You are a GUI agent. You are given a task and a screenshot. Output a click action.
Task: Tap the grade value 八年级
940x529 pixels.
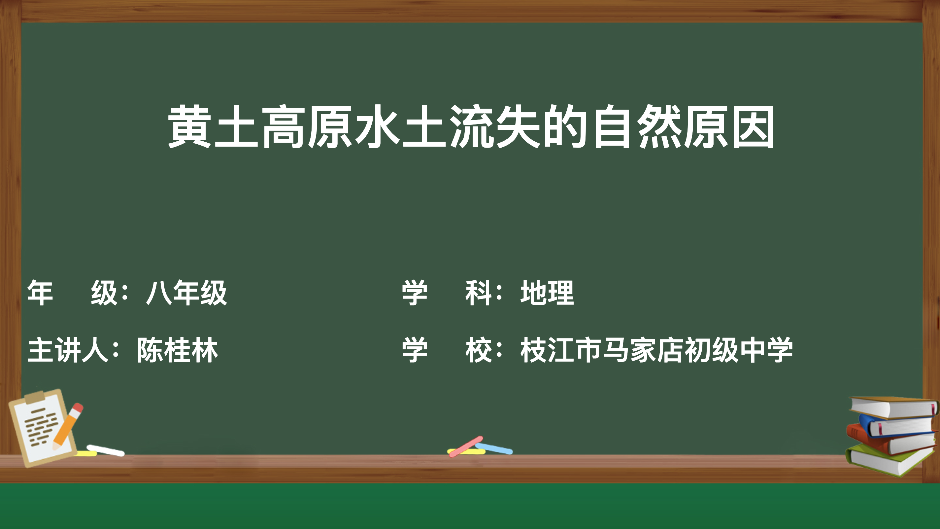click(186, 293)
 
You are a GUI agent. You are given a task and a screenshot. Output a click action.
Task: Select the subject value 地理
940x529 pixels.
click(547, 293)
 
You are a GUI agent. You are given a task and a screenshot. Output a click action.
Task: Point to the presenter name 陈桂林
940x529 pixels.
click(177, 350)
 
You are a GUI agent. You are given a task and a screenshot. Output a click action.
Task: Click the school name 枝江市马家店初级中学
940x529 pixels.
click(656, 350)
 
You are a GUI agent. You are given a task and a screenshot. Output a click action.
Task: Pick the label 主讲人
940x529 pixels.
click(68, 350)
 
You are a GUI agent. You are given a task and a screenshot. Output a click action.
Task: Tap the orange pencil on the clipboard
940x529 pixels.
click(68, 426)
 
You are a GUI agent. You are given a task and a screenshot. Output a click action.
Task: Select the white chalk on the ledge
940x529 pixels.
click(106, 450)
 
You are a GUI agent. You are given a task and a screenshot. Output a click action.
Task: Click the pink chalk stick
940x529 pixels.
click(466, 446)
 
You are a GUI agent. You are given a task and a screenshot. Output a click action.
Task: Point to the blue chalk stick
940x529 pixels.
click(494, 448)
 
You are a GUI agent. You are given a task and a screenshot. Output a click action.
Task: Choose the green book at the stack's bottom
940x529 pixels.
click(890, 459)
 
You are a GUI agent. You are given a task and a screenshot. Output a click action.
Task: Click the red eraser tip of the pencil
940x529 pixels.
click(78, 407)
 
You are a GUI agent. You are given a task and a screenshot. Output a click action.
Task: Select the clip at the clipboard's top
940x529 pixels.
click(35, 397)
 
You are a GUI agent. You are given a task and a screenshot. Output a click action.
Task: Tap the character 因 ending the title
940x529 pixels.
click(753, 127)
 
